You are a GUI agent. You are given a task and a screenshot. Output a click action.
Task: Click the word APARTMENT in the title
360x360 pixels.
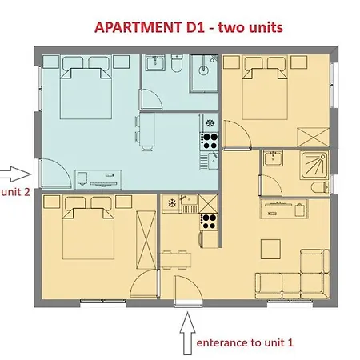[138, 27]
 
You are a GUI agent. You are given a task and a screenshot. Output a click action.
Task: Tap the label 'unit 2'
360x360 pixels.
[15, 192]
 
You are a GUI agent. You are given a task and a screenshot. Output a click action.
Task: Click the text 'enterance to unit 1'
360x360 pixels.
[245, 342]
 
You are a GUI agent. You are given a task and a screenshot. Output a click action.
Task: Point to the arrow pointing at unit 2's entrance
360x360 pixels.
[15, 174]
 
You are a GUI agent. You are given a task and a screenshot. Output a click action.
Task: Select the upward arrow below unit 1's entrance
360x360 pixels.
[187, 334]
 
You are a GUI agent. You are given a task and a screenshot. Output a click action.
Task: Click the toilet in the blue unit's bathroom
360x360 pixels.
[177, 63]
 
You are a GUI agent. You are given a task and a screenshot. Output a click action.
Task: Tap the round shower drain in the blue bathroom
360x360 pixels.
[204, 70]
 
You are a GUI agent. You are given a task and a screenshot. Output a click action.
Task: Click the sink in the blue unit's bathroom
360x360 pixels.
[155, 63]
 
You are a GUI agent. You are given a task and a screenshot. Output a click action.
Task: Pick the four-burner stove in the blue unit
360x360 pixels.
[209, 141]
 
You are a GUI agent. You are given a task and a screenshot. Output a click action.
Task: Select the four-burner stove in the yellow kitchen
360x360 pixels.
[209, 222]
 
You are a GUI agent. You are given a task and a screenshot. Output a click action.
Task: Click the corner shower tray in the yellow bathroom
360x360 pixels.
[314, 165]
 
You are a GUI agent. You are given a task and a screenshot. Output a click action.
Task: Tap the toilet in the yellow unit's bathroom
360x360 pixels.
[320, 187]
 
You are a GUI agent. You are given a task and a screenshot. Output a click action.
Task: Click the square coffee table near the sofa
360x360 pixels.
[270, 249]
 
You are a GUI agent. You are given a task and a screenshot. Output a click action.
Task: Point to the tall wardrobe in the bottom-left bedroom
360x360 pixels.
[146, 240]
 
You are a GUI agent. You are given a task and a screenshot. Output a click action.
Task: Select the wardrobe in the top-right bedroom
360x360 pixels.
[313, 138]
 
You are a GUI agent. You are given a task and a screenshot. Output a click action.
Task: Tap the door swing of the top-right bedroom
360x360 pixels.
[238, 134]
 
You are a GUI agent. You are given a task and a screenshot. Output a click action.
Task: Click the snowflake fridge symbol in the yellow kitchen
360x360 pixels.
[172, 203]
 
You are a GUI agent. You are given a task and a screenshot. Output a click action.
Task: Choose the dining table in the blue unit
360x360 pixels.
[146, 130]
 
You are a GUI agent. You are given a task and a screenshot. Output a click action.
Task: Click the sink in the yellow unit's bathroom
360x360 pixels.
[273, 158]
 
